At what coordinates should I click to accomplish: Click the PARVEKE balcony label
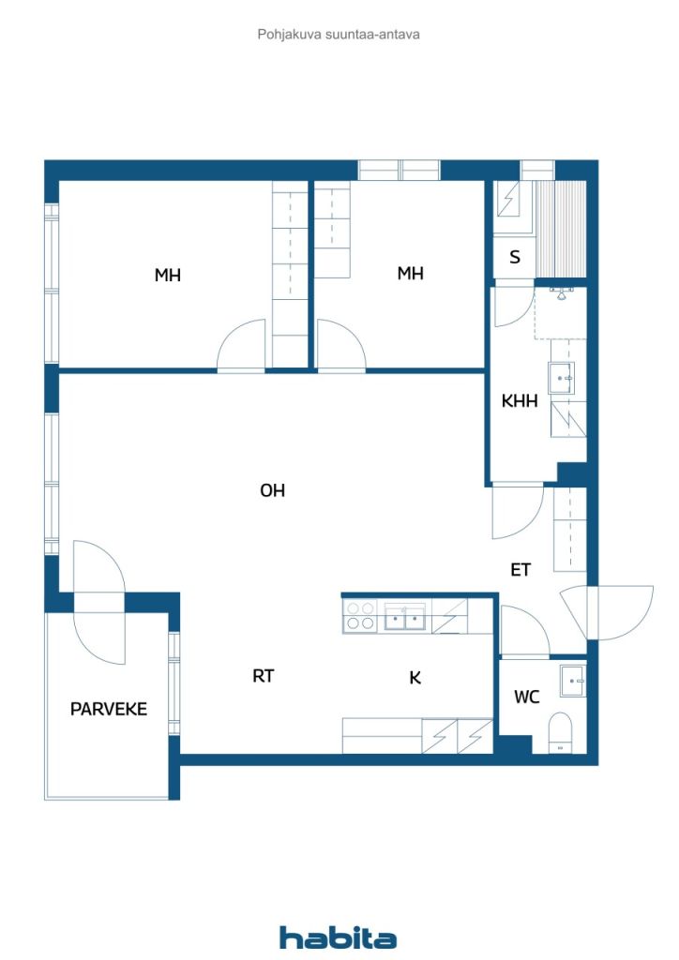[109, 709]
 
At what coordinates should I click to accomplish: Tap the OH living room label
[273, 490]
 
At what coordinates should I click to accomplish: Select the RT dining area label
[264, 676]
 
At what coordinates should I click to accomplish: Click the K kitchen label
[415, 678]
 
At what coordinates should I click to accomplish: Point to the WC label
[526, 697]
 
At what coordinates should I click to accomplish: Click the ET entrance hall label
[521, 570]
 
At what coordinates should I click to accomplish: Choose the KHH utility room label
[520, 401]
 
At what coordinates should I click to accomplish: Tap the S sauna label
[515, 257]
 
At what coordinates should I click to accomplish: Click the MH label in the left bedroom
[167, 276]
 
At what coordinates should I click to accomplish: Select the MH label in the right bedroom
[410, 273]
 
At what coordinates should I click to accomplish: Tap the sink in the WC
[573, 681]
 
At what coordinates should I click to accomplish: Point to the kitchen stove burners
[359, 616]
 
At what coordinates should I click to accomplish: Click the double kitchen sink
[405, 617]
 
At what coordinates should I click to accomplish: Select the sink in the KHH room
[560, 379]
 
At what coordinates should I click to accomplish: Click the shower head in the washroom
[560, 293]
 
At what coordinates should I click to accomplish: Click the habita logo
[338, 937]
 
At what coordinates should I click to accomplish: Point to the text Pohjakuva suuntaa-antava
[338, 35]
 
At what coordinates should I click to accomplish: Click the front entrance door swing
[606, 613]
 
